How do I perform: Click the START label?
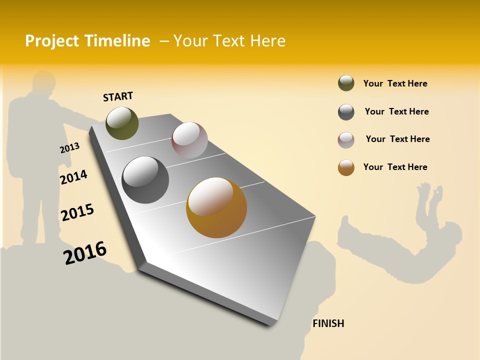pos(118,96)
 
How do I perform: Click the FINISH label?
pos(328,323)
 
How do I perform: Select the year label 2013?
pos(69,147)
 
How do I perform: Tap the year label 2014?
pos(73,177)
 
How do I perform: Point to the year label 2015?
pos(77,212)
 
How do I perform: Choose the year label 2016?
pos(85,252)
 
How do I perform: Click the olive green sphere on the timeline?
pos(122,123)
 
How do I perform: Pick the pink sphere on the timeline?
pos(189,139)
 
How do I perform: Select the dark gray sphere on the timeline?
pos(145,179)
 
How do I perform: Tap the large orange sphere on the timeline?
pos(216,207)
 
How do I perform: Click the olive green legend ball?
pos(346,83)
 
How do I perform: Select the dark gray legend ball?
pos(346,112)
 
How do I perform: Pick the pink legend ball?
pos(346,140)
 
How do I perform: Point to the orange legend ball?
pos(346,167)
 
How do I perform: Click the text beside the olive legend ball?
pos(395,83)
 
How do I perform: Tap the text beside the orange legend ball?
pos(395,167)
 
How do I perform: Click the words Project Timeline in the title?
pos(87,41)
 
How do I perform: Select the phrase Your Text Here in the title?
pos(229,41)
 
